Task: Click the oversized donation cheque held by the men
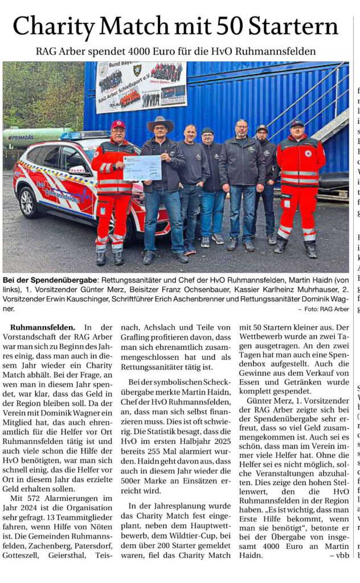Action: pos(142,167)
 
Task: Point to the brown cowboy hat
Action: pos(160,124)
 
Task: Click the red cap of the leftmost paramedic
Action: pos(118,124)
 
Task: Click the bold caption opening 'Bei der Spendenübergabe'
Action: pos(50,281)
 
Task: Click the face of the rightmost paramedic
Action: pos(297,132)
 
